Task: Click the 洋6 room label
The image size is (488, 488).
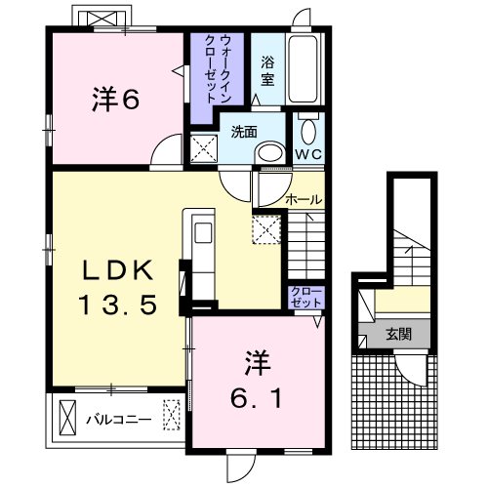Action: (115, 99)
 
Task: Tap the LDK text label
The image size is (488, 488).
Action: (118, 270)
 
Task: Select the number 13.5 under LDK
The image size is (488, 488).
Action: (118, 305)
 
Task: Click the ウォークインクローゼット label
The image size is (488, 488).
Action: (218, 69)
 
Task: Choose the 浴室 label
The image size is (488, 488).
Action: (267, 71)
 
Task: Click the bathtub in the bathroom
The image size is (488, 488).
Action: (303, 68)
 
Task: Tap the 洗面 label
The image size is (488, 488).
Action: (244, 132)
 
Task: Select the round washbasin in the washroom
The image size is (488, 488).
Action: (269, 153)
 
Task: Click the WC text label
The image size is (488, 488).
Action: (308, 154)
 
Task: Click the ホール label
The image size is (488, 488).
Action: (304, 199)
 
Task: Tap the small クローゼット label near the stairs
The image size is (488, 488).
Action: (306, 298)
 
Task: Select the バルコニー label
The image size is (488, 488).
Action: (119, 420)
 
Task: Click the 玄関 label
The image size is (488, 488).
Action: (399, 334)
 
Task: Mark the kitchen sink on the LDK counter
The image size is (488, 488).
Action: (203, 233)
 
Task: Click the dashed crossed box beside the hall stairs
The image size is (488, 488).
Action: (266, 229)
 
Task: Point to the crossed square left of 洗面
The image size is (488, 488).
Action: (204, 148)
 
